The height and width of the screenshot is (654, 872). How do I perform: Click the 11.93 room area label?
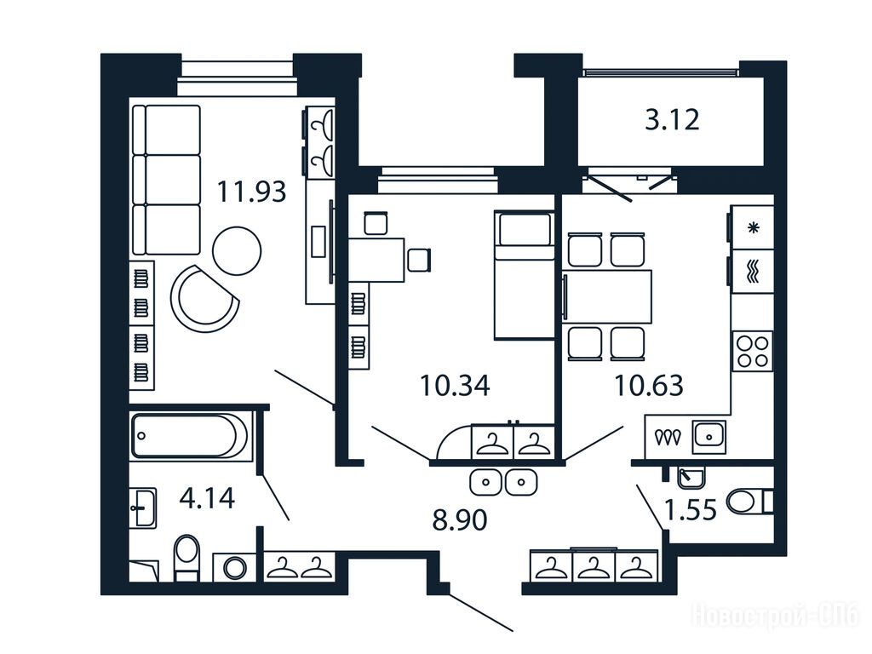pyautogui.click(x=251, y=192)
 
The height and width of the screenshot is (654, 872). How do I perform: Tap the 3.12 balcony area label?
pyautogui.click(x=672, y=119)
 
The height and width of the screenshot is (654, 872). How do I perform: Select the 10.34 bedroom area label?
pyautogui.click(x=455, y=386)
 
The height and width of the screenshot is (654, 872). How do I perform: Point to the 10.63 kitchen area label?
pyautogui.click(x=648, y=386)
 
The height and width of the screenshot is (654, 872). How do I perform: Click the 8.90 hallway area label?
pyautogui.click(x=460, y=520)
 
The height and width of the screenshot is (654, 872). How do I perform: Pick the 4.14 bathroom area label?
pyautogui.click(x=207, y=497)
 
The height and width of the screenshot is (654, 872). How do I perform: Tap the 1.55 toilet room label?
pyautogui.click(x=691, y=509)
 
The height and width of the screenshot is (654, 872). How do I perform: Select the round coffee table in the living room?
pyautogui.click(x=237, y=251)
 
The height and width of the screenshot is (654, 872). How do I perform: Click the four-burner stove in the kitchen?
pyautogui.click(x=753, y=352)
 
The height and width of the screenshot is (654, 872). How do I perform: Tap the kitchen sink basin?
pyautogui.click(x=709, y=437)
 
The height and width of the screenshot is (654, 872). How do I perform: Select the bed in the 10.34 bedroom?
pyautogui.click(x=524, y=275)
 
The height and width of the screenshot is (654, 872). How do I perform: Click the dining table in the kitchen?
pyautogui.click(x=606, y=296)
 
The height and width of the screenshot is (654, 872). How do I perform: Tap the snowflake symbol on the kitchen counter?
pyautogui.click(x=754, y=227)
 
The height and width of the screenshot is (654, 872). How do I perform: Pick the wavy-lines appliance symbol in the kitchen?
pyautogui.click(x=753, y=272)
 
